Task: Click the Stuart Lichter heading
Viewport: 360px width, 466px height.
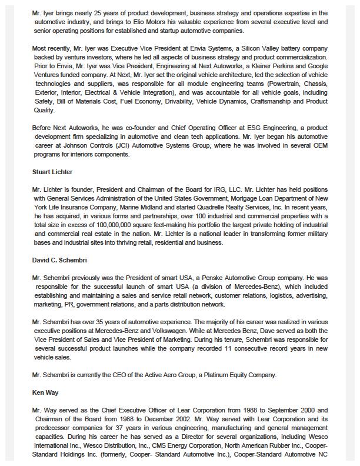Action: tap(52, 172)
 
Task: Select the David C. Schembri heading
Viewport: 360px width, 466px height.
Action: tap(60, 259)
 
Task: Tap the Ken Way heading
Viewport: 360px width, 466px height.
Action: tap(45, 392)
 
